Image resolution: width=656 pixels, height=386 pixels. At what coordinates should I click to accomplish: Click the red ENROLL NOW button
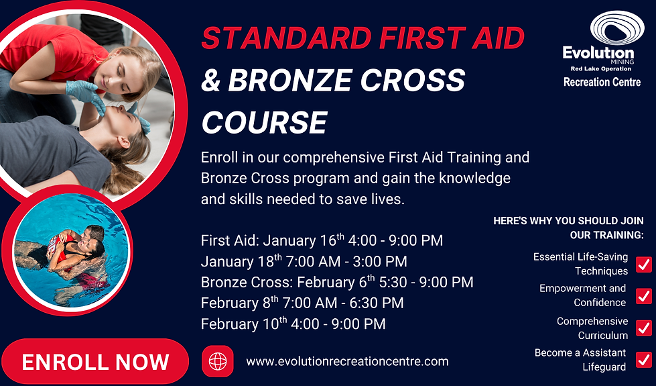[x=95, y=363]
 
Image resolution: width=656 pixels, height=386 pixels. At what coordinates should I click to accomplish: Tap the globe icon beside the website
[x=218, y=361]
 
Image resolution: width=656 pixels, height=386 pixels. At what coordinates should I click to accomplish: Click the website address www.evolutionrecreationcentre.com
[x=347, y=361]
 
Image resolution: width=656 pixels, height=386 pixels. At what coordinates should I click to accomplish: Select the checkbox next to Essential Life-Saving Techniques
[x=643, y=264]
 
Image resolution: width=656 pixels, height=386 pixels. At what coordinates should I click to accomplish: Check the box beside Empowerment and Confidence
[x=643, y=295]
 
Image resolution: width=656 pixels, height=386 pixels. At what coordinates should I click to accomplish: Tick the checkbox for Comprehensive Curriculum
[x=643, y=328]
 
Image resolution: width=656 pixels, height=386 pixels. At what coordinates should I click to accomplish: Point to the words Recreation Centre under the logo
[x=602, y=82]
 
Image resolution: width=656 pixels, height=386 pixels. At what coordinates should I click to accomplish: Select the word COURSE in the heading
[x=264, y=122]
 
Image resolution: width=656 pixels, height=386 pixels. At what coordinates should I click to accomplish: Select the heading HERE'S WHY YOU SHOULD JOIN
[x=568, y=221]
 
